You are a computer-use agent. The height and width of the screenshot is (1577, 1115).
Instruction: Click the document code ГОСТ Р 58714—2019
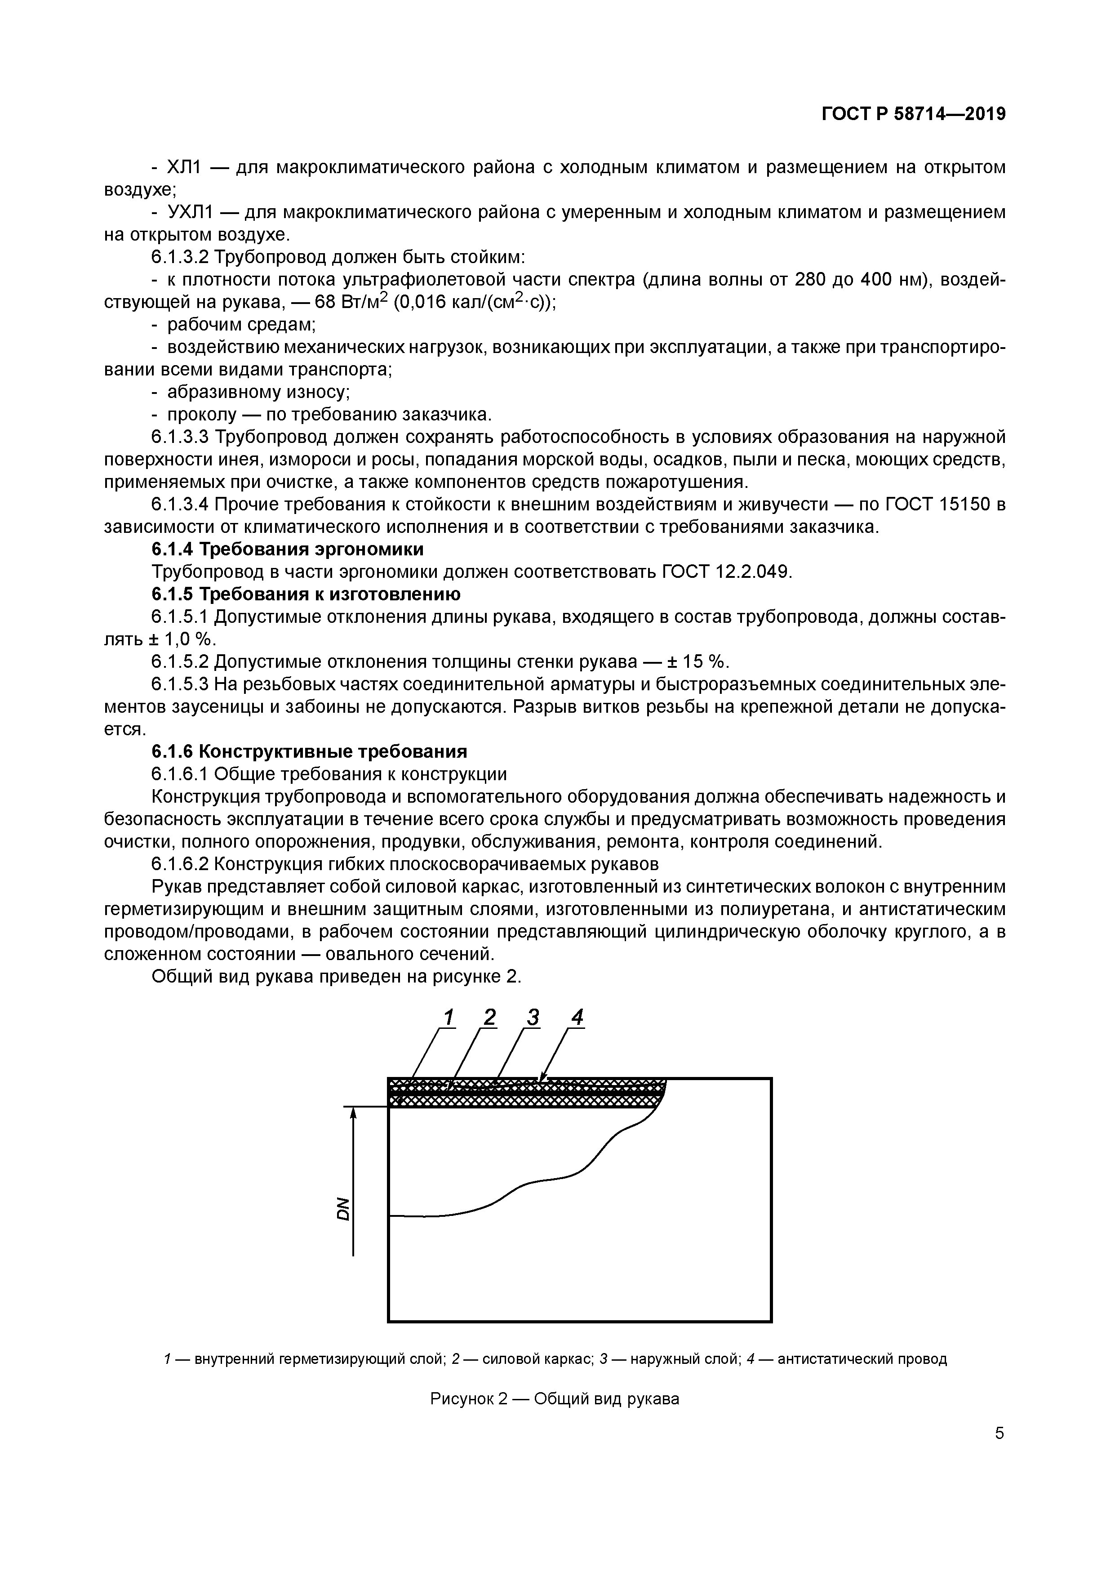click(913, 114)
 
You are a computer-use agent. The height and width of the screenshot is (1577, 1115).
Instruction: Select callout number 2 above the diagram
click(489, 1017)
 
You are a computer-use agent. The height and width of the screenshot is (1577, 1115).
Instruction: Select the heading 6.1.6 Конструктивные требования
click(309, 751)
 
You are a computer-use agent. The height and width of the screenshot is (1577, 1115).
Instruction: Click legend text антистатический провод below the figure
click(862, 1358)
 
